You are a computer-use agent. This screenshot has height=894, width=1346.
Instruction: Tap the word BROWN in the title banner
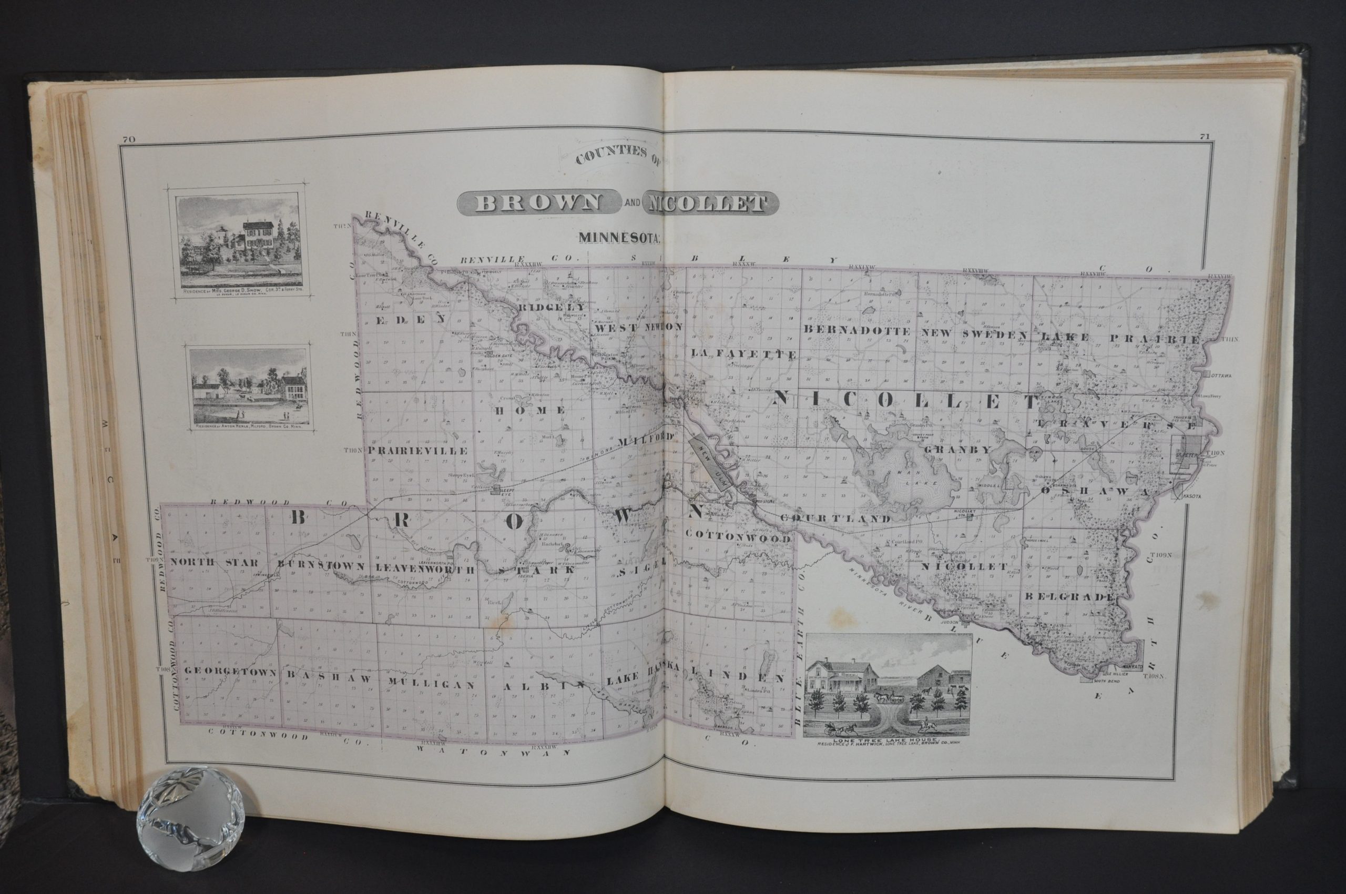click(538, 203)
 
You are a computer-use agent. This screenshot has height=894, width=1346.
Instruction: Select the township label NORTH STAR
click(215, 563)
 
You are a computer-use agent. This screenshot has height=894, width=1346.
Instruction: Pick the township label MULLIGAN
click(431, 684)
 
